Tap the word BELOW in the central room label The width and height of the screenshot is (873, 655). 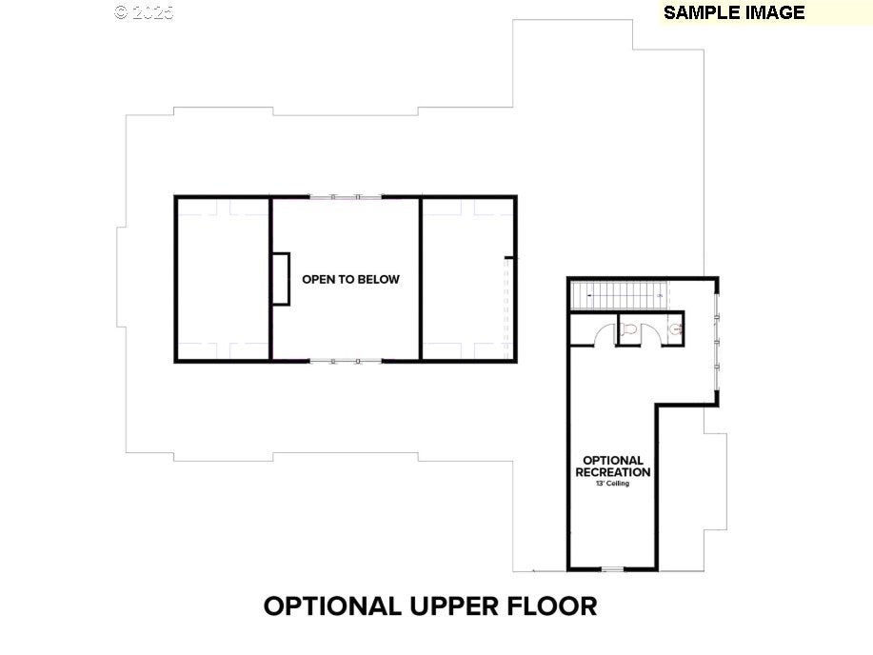379,280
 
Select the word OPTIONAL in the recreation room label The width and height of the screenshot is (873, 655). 613,461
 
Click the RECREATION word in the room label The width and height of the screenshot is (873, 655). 613,472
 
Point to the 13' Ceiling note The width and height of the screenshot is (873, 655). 613,484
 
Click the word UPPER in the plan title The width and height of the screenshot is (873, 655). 454,606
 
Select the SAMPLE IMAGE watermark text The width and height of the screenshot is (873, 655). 734,12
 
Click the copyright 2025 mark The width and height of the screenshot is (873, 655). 144,12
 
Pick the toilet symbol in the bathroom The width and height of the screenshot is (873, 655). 627,330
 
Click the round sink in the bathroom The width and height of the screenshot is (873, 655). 675,329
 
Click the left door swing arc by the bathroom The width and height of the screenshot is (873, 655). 603,334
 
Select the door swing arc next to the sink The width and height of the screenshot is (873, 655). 652,334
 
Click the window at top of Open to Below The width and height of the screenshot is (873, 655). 346,197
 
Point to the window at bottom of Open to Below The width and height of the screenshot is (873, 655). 346,361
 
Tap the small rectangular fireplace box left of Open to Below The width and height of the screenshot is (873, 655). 280,279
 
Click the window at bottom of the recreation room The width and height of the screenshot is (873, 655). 612,569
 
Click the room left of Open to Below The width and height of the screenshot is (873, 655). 223,279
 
